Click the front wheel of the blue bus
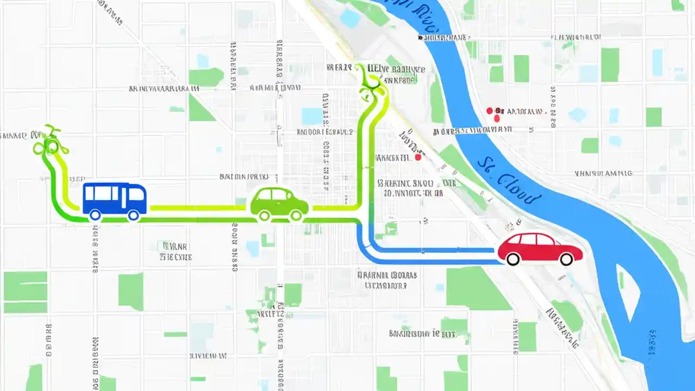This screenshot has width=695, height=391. coord(133,215)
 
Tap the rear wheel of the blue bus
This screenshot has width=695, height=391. coord(95,215)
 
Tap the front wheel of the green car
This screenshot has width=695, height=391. coord(296,216)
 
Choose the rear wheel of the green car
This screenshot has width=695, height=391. coord(264,216)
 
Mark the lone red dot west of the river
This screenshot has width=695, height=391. coord(418,157)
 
